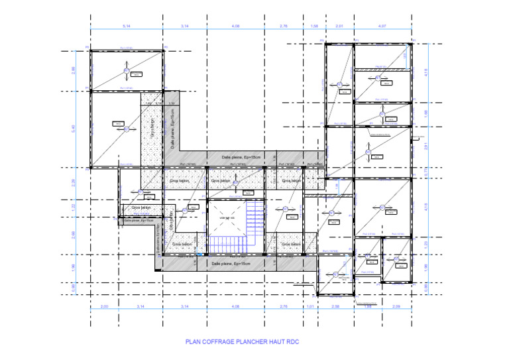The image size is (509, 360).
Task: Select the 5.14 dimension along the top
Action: tap(126, 26)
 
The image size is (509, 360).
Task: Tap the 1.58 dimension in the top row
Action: tap(315, 26)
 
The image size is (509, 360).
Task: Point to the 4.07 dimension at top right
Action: tap(382, 26)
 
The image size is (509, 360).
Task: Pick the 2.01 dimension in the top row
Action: tap(339, 26)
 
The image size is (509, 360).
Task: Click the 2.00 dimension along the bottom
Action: tap(104, 307)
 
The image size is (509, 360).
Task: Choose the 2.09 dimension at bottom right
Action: tap(397, 307)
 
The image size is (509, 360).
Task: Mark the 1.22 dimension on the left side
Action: tap(74, 207)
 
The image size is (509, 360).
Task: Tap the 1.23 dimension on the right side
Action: tap(426, 245)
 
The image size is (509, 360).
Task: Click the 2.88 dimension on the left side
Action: tap(74, 70)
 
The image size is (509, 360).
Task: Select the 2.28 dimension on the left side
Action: tap(74, 182)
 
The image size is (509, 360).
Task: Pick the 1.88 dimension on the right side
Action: tap(426, 113)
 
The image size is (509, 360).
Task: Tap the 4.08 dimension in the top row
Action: tap(235, 26)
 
